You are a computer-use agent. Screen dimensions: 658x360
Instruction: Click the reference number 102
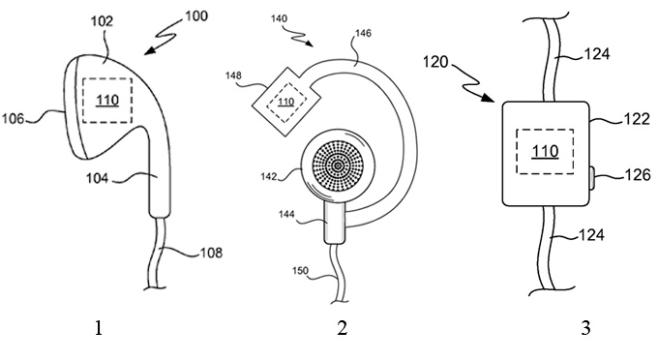point(102,21)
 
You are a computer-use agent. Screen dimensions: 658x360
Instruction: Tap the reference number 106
point(13,119)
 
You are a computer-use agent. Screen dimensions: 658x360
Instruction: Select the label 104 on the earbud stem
point(98,178)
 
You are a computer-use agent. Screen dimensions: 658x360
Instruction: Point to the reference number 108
point(211,253)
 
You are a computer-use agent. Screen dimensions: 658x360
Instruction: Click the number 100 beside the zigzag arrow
point(196,15)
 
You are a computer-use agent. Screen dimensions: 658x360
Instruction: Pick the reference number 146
point(363,33)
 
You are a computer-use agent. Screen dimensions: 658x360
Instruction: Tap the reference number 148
point(233,75)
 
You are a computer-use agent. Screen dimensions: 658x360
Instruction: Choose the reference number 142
point(269,177)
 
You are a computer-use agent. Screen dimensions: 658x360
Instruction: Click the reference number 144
point(286,215)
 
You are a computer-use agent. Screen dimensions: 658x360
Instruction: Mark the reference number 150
point(301,271)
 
